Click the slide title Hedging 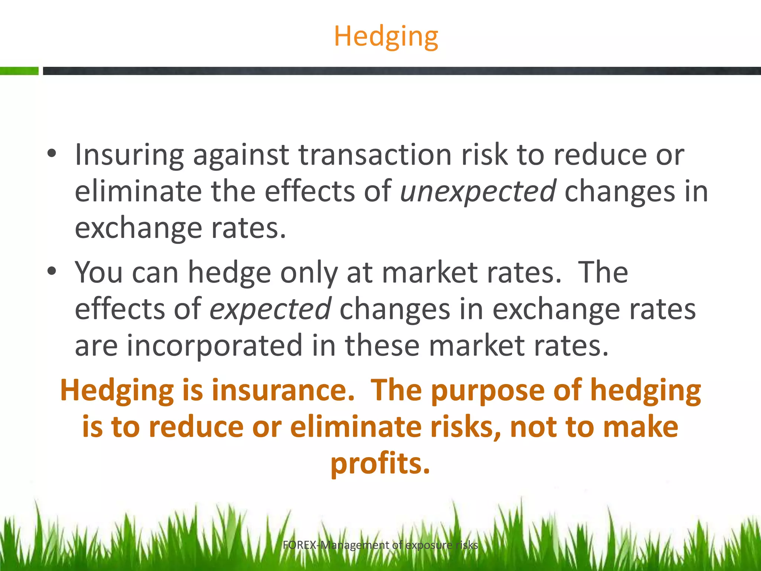386,37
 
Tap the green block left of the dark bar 19,71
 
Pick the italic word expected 270,309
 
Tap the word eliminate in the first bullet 138,191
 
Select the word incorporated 214,345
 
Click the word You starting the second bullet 99,272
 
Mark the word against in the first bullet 241,155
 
